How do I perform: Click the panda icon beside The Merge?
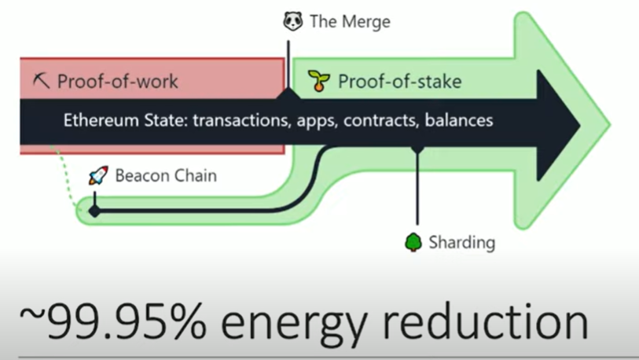(293, 20)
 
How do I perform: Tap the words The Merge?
(350, 21)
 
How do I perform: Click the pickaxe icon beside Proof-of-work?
(41, 80)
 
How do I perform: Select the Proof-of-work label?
(118, 80)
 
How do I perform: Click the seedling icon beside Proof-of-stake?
(318, 80)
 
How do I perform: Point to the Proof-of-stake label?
(399, 80)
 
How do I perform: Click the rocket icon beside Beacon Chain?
(98, 175)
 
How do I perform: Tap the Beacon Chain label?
(166, 175)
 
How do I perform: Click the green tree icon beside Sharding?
(413, 242)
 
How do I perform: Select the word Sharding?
(462, 242)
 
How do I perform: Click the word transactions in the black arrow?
(241, 121)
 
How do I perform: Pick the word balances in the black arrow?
(461, 121)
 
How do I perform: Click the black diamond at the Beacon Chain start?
(94, 211)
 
